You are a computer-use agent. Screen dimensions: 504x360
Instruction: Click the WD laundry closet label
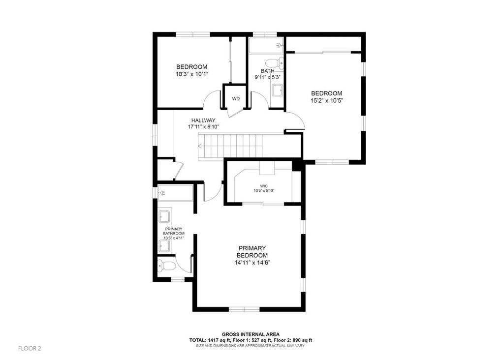point(236,99)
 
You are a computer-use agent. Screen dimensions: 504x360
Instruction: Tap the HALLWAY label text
point(203,120)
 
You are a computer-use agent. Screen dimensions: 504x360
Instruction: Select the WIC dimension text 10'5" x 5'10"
point(264,191)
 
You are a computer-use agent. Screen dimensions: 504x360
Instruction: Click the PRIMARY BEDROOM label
point(252,252)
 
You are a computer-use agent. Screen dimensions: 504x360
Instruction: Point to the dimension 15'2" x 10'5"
point(327,101)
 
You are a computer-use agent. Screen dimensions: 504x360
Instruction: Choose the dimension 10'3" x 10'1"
point(192,74)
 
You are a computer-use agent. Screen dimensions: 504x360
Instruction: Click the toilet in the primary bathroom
point(166,266)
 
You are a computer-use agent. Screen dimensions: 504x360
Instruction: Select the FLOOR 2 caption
point(30,348)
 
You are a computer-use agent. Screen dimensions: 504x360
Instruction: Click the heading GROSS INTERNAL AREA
point(251,334)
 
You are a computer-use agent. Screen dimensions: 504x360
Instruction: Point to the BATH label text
point(268,71)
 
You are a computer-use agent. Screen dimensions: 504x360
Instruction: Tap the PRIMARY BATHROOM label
point(174,231)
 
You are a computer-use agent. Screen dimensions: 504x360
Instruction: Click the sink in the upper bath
point(277,90)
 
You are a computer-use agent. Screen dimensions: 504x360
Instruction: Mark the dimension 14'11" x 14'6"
point(252,263)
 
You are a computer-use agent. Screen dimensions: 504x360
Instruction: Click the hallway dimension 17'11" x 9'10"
point(203,127)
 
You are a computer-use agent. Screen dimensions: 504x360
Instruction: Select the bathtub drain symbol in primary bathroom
point(162,193)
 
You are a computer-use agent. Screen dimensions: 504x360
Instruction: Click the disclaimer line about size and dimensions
point(251,346)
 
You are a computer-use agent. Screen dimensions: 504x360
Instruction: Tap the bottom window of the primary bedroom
point(244,309)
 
